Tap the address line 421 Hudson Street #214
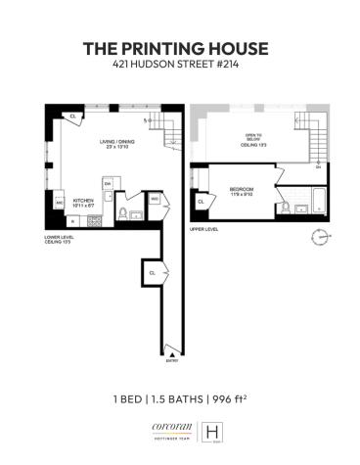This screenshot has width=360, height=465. (180, 66)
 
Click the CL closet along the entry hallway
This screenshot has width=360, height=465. (153, 272)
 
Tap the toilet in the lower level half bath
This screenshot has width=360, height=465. (121, 214)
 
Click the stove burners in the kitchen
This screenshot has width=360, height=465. (94, 221)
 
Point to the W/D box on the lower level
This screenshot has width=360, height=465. (156, 200)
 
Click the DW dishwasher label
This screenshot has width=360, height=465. (108, 184)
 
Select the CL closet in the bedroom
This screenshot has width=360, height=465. (201, 201)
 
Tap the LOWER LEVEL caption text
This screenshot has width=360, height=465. (63, 237)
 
